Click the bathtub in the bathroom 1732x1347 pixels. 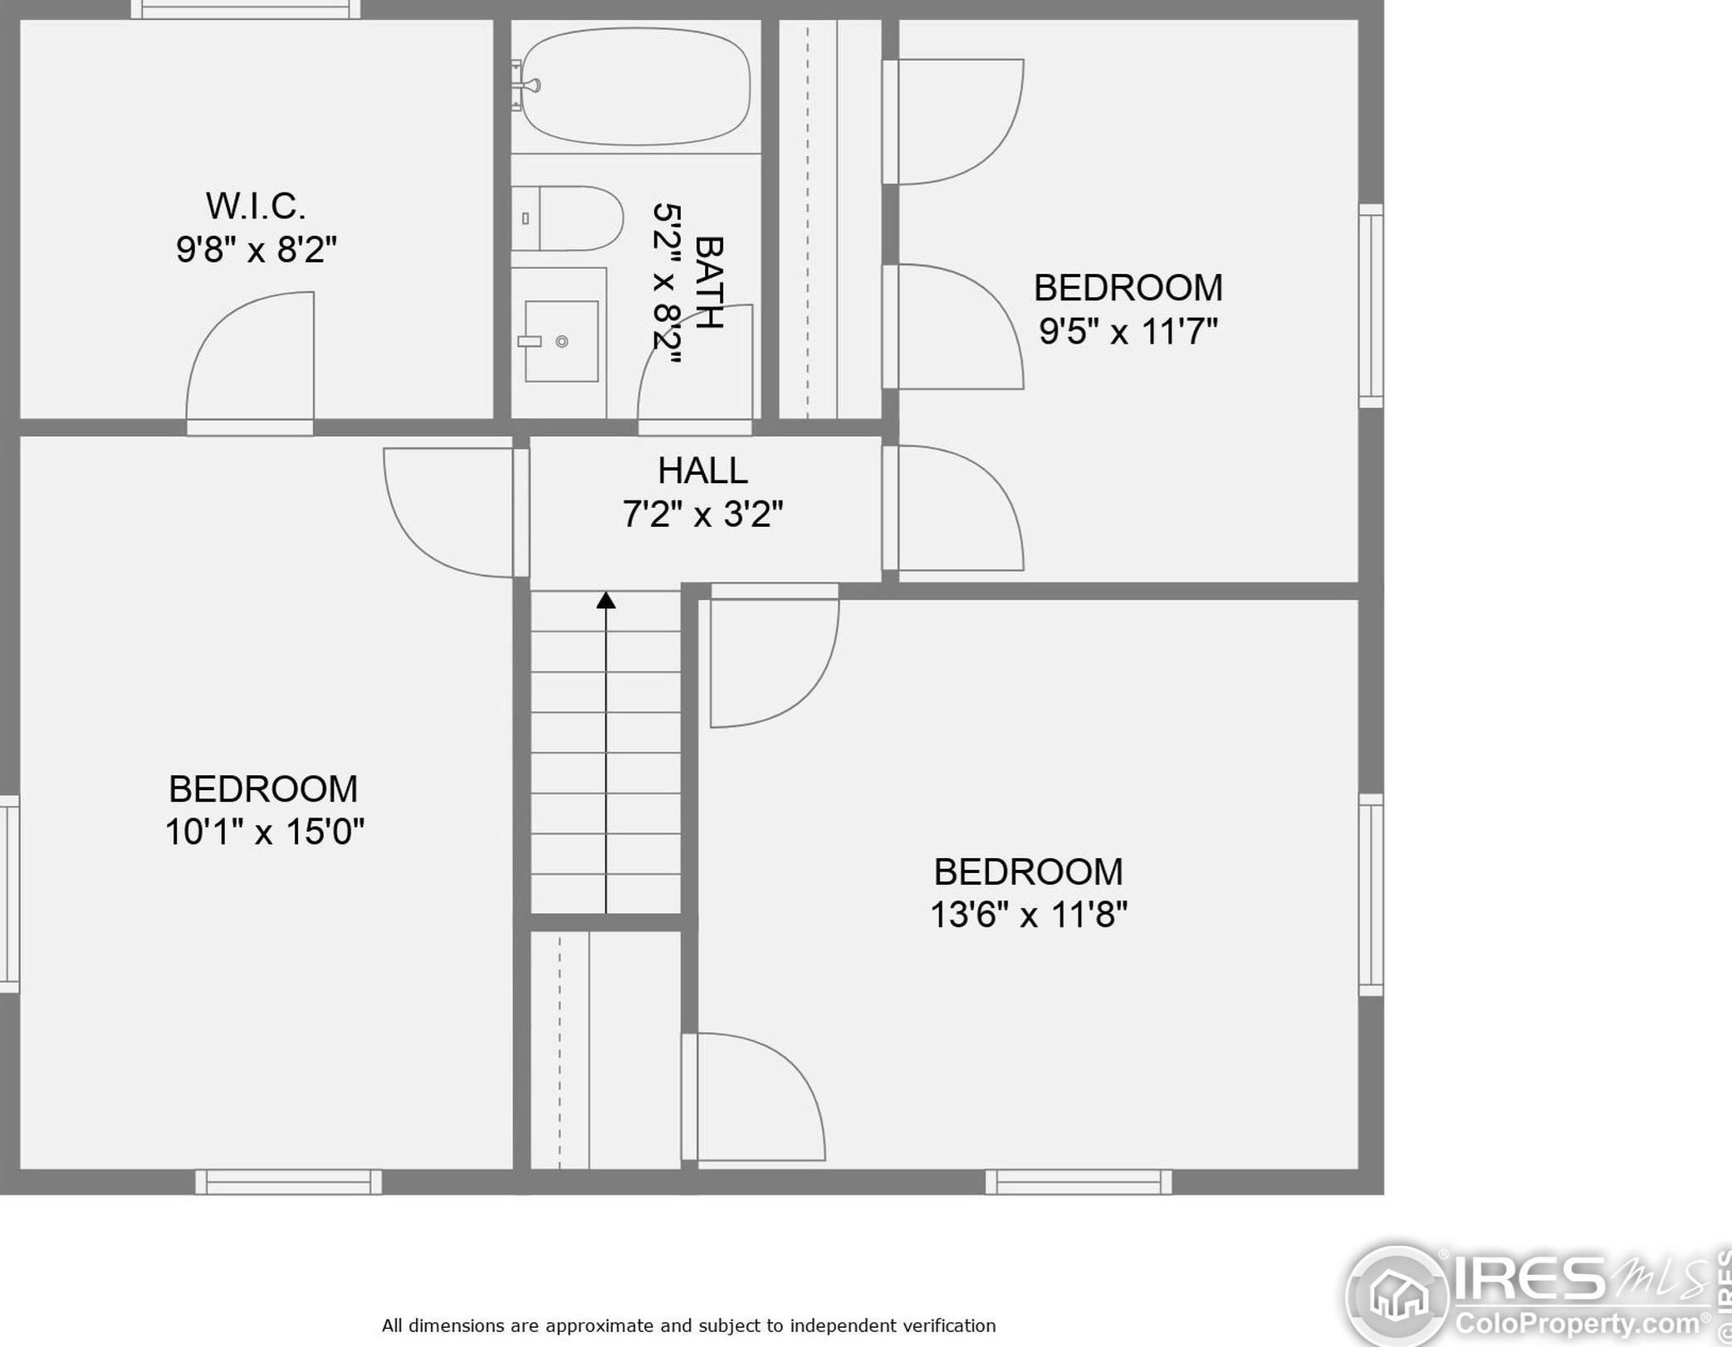636,85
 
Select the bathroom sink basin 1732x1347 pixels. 561,341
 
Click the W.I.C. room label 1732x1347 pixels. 256,206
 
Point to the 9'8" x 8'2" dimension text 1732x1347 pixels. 256,249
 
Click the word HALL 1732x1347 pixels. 702,471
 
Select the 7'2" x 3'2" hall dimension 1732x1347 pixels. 702,515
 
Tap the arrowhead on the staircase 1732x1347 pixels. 606,600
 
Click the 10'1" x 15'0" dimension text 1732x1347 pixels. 264,832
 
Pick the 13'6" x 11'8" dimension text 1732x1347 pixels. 1029,915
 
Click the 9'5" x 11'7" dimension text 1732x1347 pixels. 1128,331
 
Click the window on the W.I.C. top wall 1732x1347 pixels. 246,9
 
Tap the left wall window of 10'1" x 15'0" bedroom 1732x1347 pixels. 9,894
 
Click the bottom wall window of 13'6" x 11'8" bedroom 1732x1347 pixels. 1079,1182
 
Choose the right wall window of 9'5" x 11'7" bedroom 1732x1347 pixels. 1371,305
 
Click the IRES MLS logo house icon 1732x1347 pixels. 1398,1293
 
